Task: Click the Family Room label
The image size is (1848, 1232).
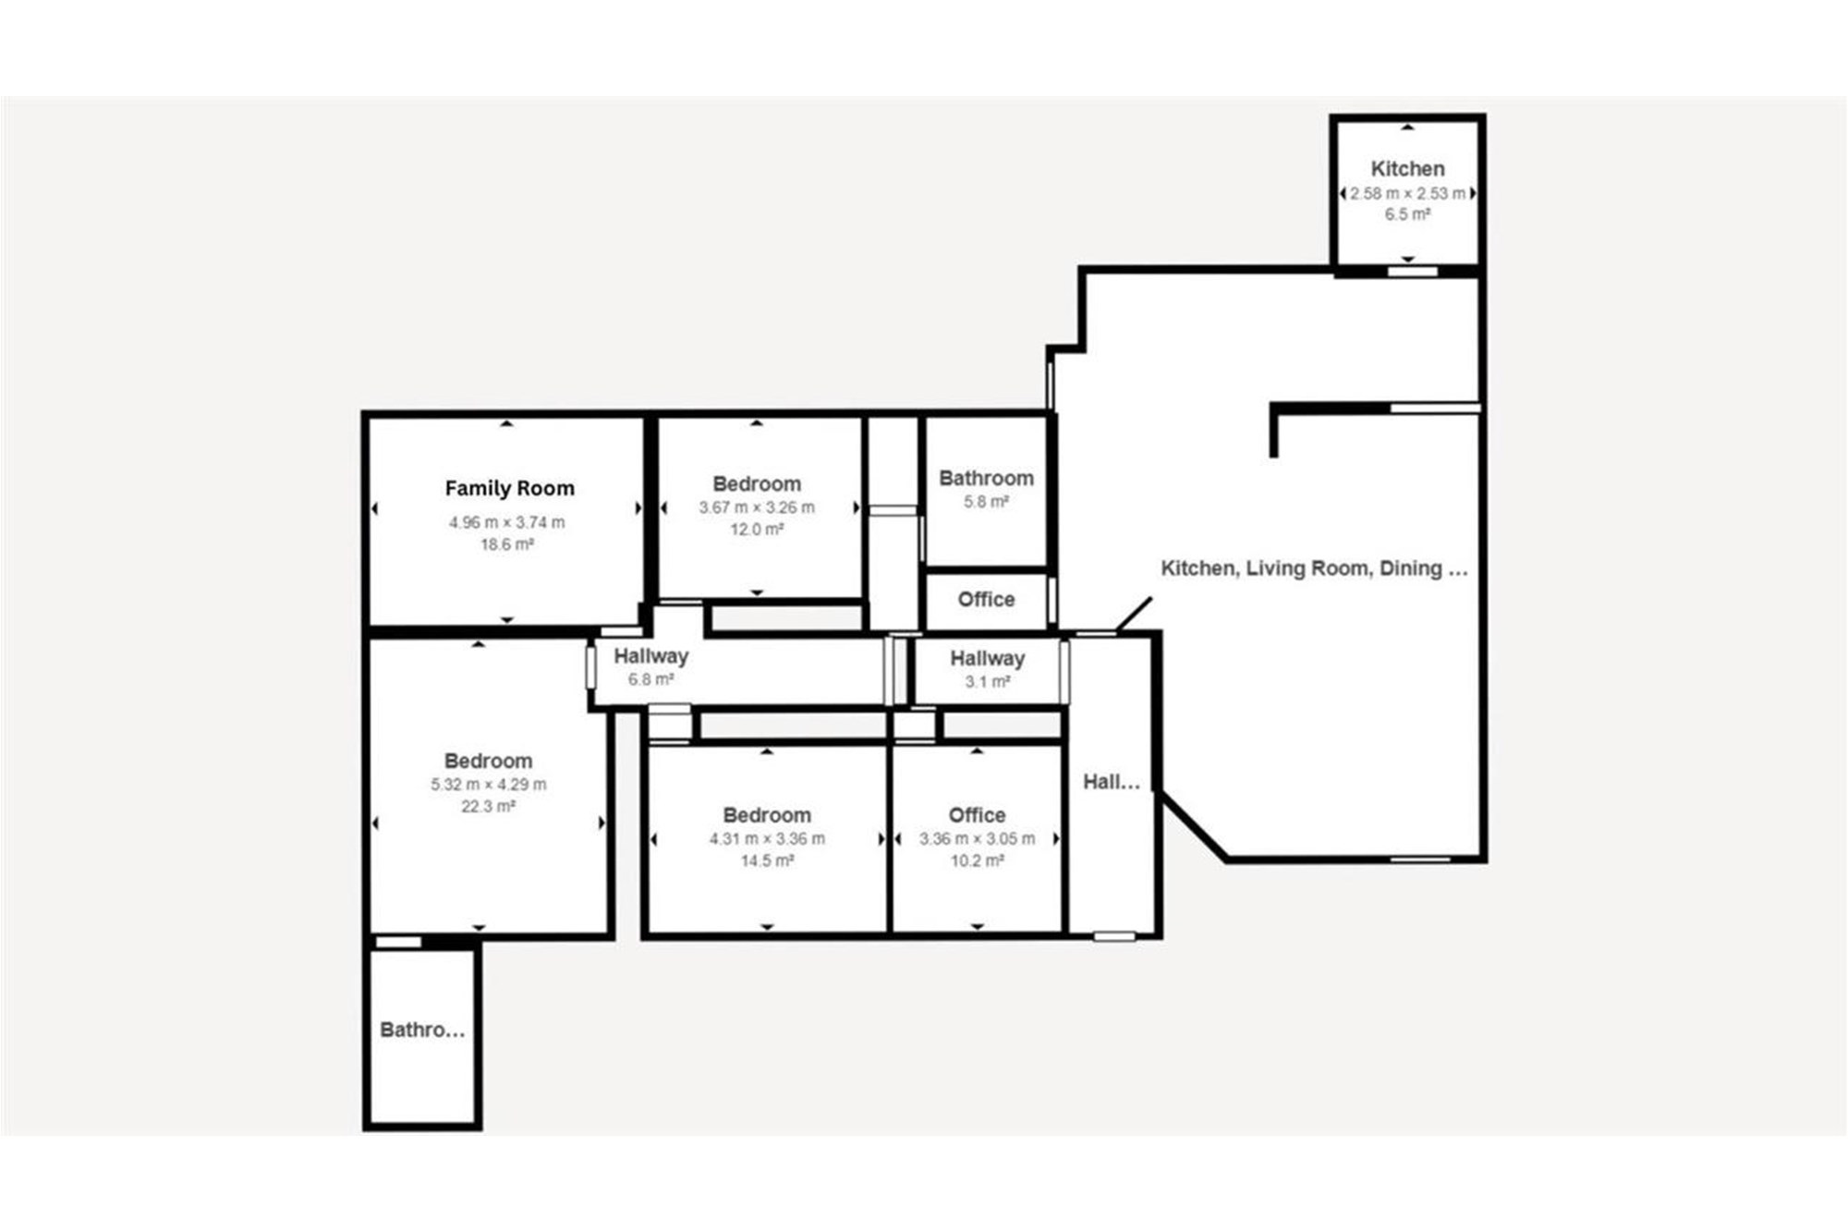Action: [x=509, y=488]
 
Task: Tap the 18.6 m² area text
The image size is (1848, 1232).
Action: [x=506, y=544]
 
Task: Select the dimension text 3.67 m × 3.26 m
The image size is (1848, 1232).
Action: [x=757, y=507]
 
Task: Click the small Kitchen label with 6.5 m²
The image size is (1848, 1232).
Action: [x=1407, y=169]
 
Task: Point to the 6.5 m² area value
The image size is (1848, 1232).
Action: [x=1407, y=214]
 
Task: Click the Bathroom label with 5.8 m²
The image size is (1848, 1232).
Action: [x=986, y=478]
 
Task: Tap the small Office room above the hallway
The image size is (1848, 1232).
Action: [x=986, y=600]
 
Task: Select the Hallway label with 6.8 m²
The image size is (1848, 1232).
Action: [x=650, y=656]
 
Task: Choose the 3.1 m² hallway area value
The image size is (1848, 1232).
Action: [x=987, y=682]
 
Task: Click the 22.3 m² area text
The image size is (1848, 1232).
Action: [x=488, y=807]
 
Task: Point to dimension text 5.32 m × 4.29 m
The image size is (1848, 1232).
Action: [x=488, y=785]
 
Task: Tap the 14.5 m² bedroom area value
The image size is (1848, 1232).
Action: [x=767, y=861]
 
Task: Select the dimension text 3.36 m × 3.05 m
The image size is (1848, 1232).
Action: [x=977, y=839]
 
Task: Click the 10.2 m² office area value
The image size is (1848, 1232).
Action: [x=977, y=861]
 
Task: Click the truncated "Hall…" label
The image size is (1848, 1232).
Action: [x=1112, y=782]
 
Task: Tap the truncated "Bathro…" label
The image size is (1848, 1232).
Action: [x=422, y=1030]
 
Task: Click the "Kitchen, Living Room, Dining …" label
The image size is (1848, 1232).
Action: [x=1314, y=568]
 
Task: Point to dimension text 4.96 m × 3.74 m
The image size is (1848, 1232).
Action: [x=506, y=522]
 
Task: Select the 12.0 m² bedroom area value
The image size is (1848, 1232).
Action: [x=757, y=530]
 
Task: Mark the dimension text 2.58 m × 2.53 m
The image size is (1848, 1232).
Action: [x=1407, y=193]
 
